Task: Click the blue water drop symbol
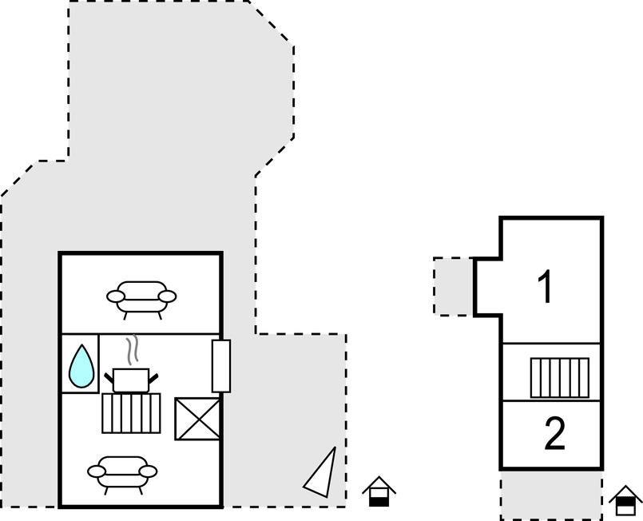click(81, 367)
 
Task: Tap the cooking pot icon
click(131, 380)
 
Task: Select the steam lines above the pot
click(132, 350)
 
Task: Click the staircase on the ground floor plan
click(131, 413)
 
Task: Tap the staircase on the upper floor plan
click(560, 378)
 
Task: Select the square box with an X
click(197, 419)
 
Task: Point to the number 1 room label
click(546, 287)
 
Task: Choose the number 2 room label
click(554, 433)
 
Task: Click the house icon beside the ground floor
click(379, 491)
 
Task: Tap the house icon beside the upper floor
click(625, 500)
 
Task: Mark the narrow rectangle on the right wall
click(221, 366)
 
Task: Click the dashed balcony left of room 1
click(454, 286)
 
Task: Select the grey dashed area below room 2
click(551, 495)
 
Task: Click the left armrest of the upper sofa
click(115, 296)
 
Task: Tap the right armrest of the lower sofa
click(148, 471)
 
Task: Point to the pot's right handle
click(153, 379)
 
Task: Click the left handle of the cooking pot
click(109, 378)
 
